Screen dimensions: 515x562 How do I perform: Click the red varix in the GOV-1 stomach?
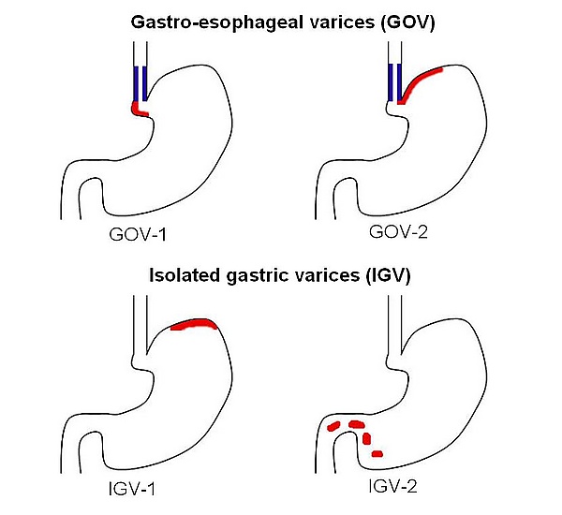[140, 110]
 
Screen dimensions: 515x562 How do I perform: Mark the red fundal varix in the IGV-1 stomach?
[194, 325]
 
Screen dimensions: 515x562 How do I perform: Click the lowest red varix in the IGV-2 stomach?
[377, 454]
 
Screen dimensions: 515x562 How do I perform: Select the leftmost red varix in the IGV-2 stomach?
[333, 428]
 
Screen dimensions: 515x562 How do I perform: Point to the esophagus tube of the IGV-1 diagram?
[140, 323]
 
